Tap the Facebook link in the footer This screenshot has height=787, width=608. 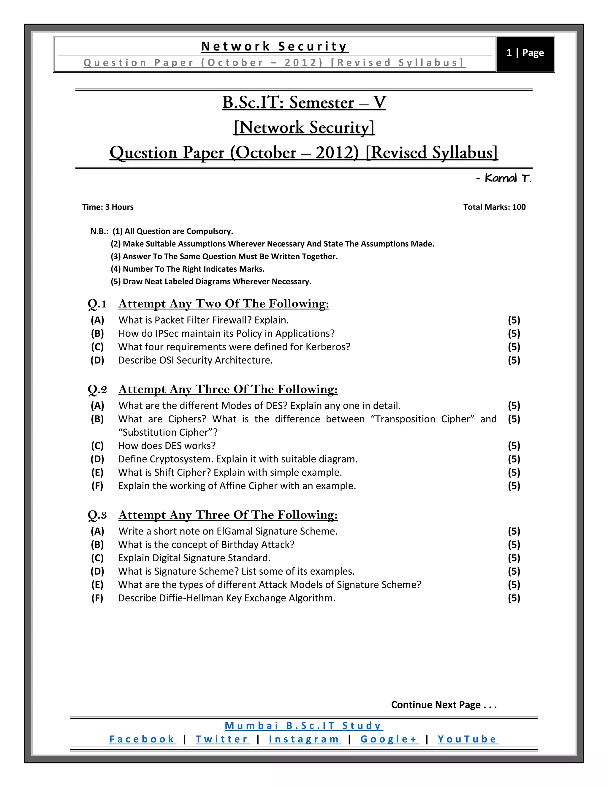coord(142,739)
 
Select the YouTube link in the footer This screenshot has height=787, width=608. coord(468,739)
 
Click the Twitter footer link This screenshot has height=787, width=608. coord(222,739)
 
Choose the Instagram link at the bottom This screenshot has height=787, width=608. coord(304,739)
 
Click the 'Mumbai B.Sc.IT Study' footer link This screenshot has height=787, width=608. coord(304,726)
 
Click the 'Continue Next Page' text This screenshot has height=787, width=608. coord(444,705)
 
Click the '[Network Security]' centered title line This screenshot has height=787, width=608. coord(304,128)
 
